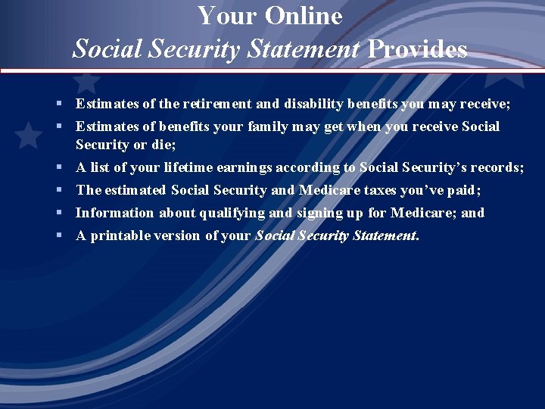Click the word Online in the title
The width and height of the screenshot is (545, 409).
tap(305, 16)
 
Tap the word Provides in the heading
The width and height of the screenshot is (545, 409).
tap(417, 50)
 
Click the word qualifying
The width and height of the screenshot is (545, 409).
tap(232, 213)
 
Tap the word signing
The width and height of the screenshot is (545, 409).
tap(317, 213)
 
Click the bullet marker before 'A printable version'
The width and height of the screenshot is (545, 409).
tap(59, 236)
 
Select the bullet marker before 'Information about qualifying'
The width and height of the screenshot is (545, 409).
tap(59, 213)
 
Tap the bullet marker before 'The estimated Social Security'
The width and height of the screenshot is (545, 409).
tap(59, 190)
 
